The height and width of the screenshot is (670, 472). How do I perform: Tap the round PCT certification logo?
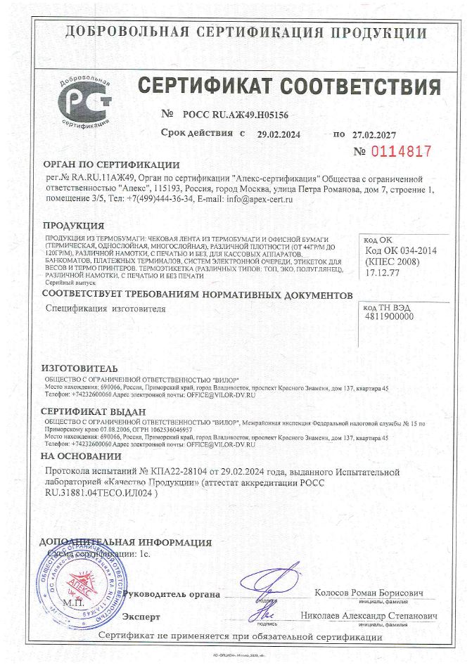tap(86, 101)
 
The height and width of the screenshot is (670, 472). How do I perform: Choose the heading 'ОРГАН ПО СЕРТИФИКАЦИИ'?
tap(111, 165)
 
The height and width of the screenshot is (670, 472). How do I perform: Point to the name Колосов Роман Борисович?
tap(369, 593)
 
